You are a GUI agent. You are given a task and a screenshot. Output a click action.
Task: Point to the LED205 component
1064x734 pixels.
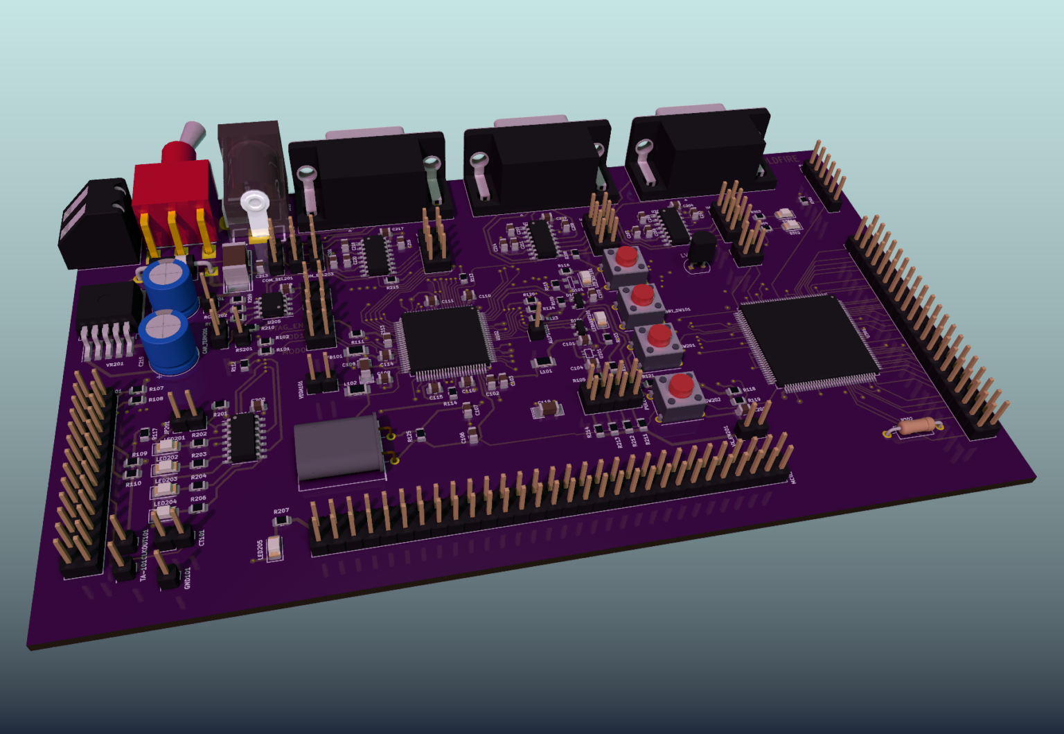[276, 548]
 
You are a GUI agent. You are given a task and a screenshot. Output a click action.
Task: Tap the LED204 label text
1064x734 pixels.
[165, 503]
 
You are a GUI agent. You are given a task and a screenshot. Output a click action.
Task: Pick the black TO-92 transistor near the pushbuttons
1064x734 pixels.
[702, 249]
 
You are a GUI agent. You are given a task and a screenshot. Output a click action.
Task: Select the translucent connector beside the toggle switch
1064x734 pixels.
[251, 173]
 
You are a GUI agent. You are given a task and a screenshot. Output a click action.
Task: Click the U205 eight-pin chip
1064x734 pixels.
[272, 304]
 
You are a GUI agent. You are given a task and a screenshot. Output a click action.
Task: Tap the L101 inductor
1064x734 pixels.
[544, 362]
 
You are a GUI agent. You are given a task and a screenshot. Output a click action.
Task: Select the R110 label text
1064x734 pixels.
[133, 484]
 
